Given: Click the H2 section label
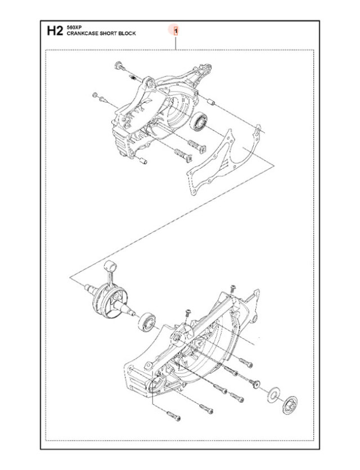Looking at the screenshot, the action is click(x=55, y=31).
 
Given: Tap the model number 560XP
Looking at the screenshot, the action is click(x=73, y=28).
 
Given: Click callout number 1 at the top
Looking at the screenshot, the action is click(x=176, y=30).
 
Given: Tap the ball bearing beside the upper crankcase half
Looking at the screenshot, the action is click(x=199, y=122).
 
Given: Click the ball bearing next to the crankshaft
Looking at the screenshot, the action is click(x=147, y=322).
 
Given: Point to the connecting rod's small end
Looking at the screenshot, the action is click(x=111, y=265).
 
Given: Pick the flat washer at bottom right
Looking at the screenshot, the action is click(x=273, y=395).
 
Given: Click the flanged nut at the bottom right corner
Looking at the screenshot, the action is click(x=290, y=405).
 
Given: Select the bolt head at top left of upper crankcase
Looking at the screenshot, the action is click(x=119, y=65).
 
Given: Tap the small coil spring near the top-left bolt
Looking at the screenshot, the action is click(x=133, y=78).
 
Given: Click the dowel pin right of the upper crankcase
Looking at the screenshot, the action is click(x=211, y=102).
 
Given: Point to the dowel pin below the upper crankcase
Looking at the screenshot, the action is click(x=143, y=160).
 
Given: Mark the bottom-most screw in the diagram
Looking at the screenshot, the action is click(x=173, y=416).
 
